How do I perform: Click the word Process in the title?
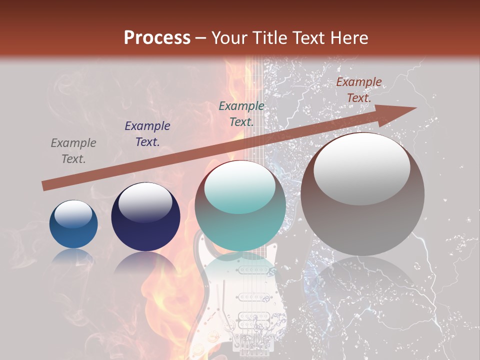point(157,38)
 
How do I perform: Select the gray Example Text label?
point(73,151)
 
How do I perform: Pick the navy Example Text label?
point(147,134)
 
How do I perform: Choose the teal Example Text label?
point(241,113)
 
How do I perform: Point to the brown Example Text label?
point(358,90)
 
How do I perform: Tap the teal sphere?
point(240,205)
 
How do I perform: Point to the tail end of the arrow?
point(45,186)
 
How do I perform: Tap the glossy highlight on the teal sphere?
point(240,185)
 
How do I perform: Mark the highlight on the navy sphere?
point(145,202)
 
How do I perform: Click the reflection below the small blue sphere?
point(73,257)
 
